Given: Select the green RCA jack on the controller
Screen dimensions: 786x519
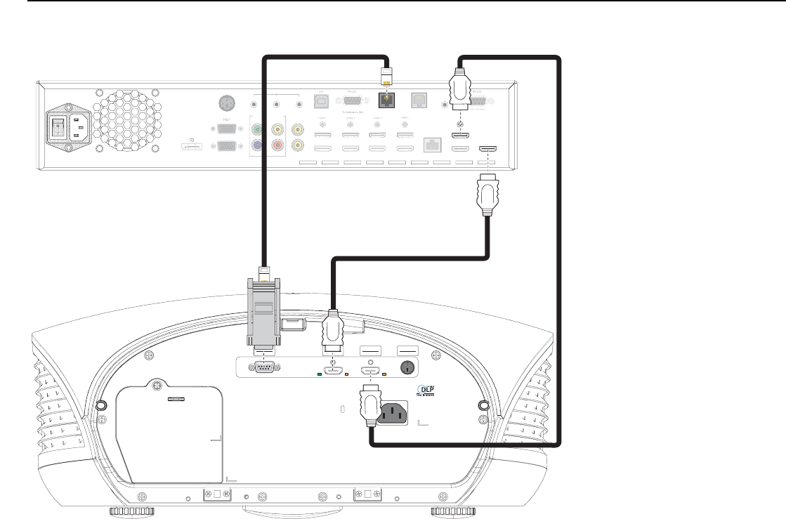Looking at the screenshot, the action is (259, 130).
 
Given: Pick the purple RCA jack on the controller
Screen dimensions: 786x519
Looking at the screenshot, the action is (259, 145).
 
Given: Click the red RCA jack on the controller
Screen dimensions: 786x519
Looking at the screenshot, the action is (279, 145).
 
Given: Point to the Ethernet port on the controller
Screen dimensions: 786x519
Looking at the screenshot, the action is (430, 145).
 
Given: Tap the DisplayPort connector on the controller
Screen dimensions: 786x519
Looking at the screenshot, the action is (191, 147).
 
